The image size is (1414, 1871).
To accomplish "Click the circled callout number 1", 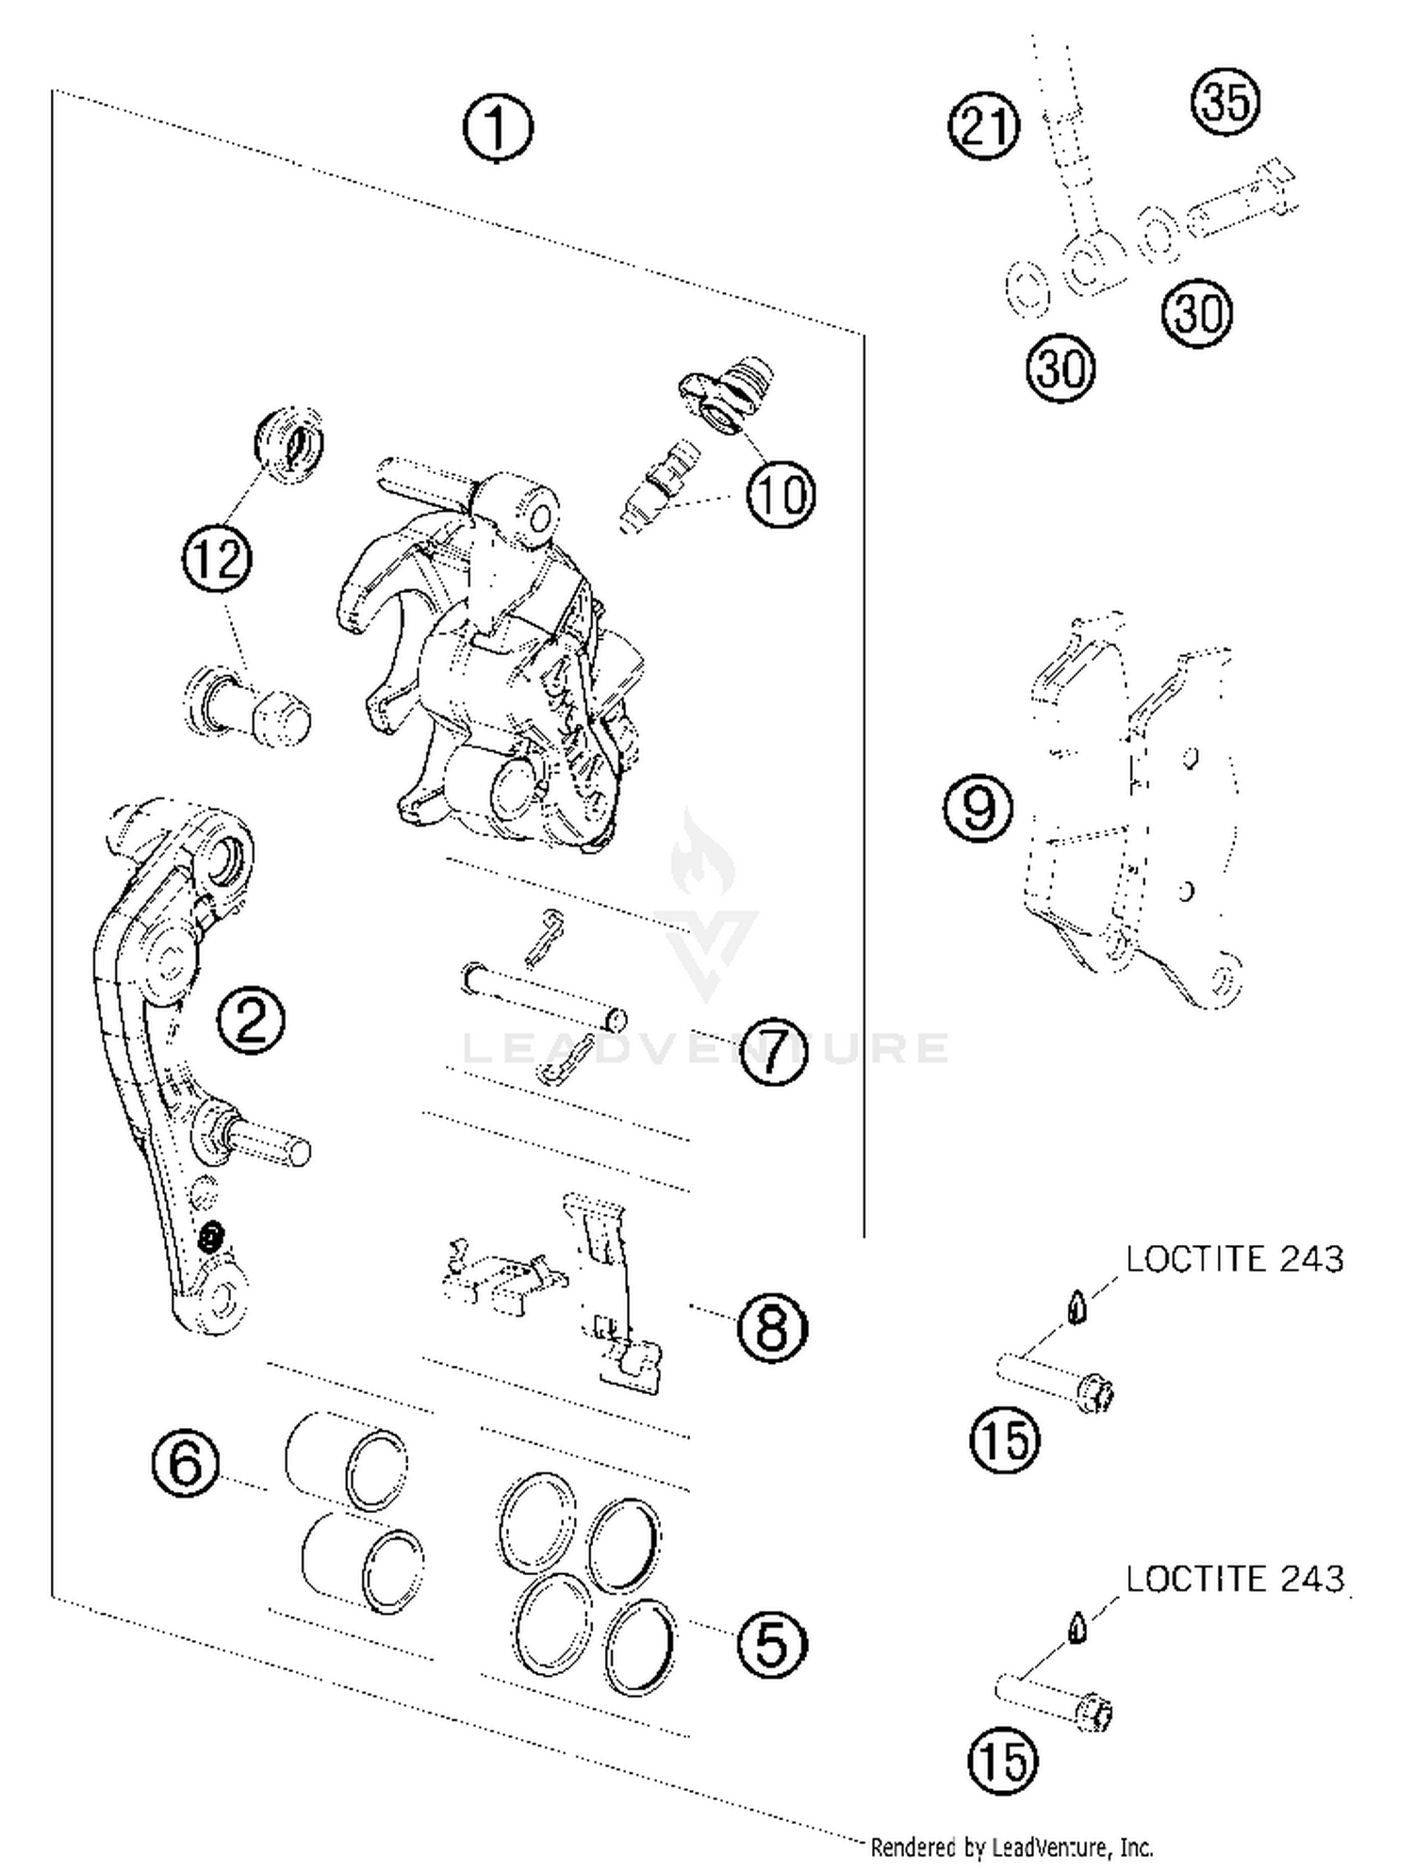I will [x=498, y=128].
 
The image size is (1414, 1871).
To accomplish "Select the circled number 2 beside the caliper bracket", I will [x=251, y=1020].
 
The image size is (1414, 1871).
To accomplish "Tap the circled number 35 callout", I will [x=1226, y=101].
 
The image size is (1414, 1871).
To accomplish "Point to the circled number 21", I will [x=984, y=125].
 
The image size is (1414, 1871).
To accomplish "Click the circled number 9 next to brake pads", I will [x=978, y=808].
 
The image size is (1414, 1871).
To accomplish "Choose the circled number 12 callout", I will [x=218, y=559].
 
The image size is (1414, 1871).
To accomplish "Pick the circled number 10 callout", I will [x=781, y=493].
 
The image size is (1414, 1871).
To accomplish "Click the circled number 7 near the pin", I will [x=773, y=1050].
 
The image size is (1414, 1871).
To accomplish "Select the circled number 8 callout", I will [x=772, y=1329].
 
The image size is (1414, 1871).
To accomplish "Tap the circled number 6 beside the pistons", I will [x=186, y=1464].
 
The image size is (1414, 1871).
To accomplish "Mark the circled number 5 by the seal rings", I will [x=772, y=1645].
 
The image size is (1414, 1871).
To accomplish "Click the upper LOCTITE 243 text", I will [x=1234, y=1259].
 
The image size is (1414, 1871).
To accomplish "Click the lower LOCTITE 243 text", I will [x=1234, y=1579].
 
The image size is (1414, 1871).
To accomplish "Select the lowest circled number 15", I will [x=1003, y=1761].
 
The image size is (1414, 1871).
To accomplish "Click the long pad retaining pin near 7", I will [x=545, y=993].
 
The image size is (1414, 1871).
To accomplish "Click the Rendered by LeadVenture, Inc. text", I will [x=1011, y=1846].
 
